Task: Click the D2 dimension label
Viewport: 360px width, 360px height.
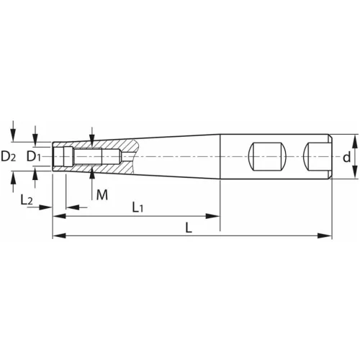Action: (9, 156)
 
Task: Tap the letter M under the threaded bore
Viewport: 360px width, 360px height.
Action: (102, 194)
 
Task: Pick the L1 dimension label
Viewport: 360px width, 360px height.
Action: (138, 207)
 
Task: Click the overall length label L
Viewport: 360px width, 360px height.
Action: (188, 228)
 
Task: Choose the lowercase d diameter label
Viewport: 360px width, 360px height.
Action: (347, 156)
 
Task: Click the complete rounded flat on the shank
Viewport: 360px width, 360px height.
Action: (267, 156)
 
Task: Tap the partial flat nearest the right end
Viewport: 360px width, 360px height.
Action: (317, 156)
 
